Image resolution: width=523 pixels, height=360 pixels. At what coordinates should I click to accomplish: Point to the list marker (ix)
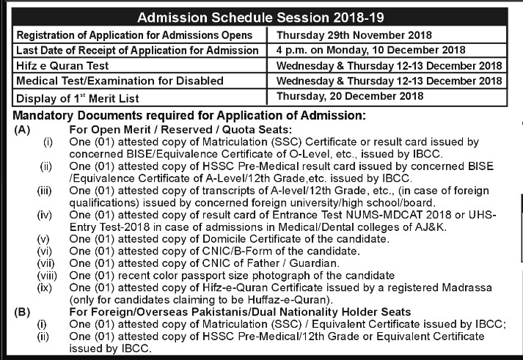pos(45,287)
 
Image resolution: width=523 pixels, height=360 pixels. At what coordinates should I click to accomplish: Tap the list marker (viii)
pos(45,274)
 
